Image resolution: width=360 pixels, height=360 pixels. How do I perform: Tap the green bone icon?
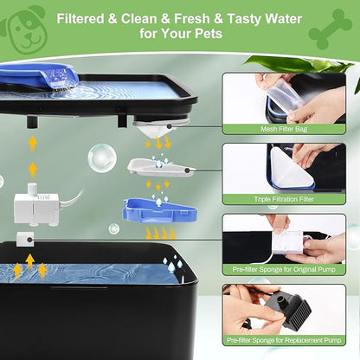pos(330,29)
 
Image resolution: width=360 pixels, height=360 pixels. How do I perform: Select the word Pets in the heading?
pos(209,34)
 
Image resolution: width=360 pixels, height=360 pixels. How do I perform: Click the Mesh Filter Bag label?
pos(284,129)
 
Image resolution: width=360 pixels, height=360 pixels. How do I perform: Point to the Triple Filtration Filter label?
pos(284,199)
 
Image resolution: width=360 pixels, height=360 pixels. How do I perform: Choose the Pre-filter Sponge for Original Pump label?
pos(284,269)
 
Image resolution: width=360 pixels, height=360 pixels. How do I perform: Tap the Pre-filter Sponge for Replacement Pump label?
pos(284,340)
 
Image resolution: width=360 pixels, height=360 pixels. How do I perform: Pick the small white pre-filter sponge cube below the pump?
pos(25,240)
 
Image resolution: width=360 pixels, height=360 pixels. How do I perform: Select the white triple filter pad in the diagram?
pos(161,167)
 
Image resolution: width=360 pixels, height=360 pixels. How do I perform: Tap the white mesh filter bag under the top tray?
pos(154,129)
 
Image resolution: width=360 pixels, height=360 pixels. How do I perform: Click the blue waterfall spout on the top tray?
pos(39,76)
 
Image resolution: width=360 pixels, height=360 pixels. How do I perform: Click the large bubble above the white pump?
pos(102,158)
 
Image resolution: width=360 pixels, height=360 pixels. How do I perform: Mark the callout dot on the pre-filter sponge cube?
pos(29,240)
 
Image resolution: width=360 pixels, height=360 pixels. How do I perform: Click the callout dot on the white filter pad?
pos(187,170)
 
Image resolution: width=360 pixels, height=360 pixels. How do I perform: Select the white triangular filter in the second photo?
pos(292,169)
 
